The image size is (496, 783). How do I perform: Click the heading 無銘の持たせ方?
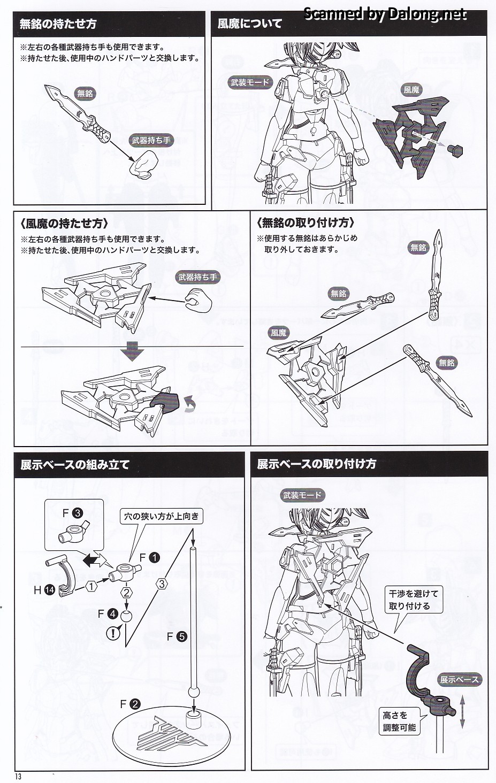[x=58, y=24]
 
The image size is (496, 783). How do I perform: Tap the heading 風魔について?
[x=250, y=24]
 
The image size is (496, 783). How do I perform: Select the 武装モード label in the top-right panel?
[x=250, y=82]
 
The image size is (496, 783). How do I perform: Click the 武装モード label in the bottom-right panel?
[x=302, y=495]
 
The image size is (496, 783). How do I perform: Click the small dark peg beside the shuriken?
[x=455, y=150]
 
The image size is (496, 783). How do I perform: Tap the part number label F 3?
[x=72, y=513]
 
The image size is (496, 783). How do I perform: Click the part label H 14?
[x=44, y=590]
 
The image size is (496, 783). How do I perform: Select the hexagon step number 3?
[x=162, y=584]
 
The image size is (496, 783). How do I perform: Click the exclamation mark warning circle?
[x=113, y=634]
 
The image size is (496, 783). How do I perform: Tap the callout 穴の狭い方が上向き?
[x=161, y=516]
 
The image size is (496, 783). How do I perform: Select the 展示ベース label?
[x=459, y=680]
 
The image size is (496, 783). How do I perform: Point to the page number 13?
[x=18, y=777]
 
